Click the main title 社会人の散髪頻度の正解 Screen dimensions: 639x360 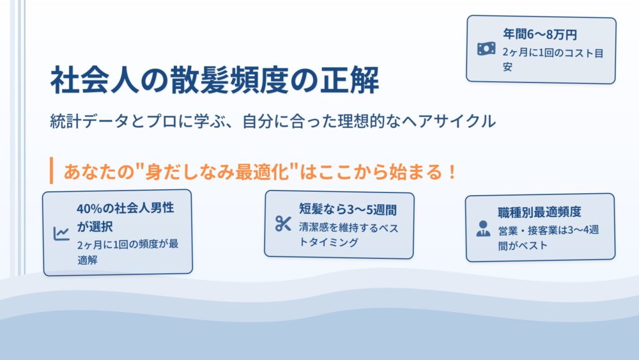pos(215,79)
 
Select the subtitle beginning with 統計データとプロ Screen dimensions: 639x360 pos(273,121)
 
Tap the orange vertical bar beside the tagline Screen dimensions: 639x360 pos(51,171)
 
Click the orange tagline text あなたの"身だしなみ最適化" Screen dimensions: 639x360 pos(181,171)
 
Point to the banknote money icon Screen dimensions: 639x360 pos(486,49)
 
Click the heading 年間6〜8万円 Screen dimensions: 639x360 pos(539,35)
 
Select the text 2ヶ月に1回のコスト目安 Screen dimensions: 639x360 pos(553,59)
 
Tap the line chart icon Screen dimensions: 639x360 pos(61,233)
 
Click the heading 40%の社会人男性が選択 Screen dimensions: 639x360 pos(125,217)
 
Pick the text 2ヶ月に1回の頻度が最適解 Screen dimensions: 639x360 pos(128,252)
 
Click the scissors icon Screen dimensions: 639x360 pos(283,223)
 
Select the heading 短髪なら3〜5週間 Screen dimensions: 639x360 pos(348,210)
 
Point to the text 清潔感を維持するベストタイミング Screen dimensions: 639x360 pos(348,235)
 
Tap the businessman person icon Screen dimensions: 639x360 pos(483,229)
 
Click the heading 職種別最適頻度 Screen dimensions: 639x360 pos(539,212)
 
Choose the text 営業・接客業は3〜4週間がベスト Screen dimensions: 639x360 pos(548,237)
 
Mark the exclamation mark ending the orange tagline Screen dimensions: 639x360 pos(452,171)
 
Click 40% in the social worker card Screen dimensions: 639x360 pos(89,208)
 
